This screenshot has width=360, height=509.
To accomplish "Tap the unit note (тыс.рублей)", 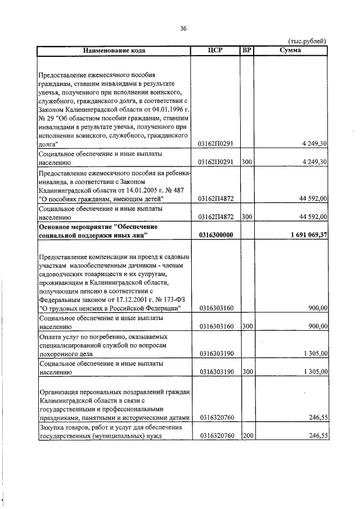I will pyautogui.click(x=307, y=41).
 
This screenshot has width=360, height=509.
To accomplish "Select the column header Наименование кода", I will pyautogui.click(x=114, y=50).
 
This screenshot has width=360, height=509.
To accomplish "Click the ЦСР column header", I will pyautogui.click(x=215, y=50).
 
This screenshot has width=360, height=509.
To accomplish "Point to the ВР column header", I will pyautogui.click(x=246, y=50).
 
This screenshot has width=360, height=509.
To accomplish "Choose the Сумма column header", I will pyautogui.click(x=290, y=50).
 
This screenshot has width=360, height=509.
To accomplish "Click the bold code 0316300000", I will pyautogui.click(x=216, y=235).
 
